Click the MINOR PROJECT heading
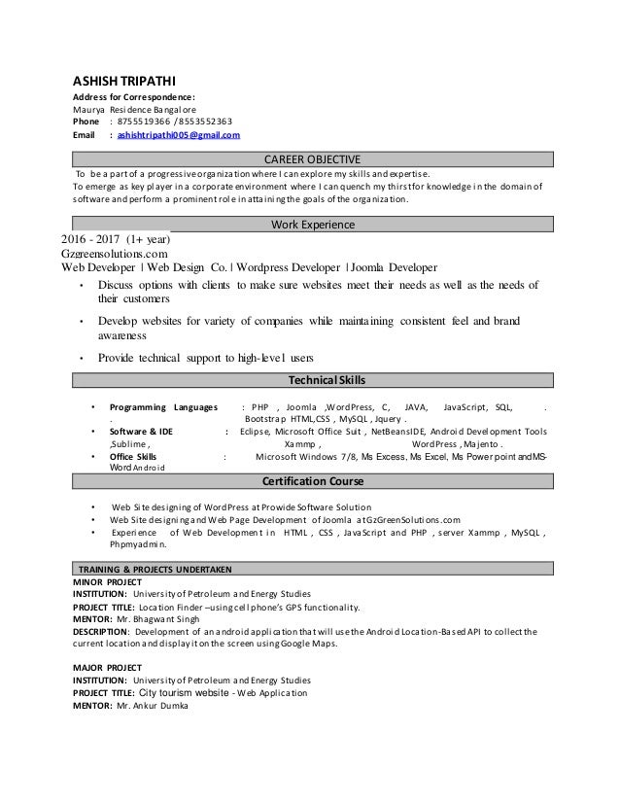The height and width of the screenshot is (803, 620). [x=108, y=580]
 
